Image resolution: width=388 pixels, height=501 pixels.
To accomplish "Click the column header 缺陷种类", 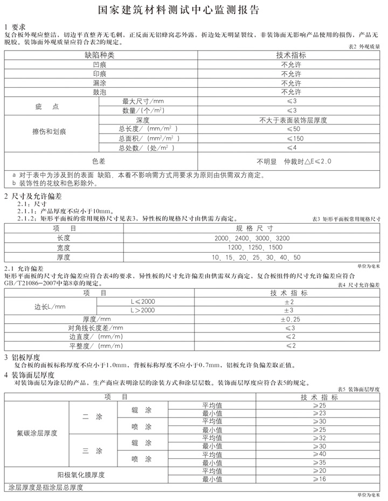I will [100, 55].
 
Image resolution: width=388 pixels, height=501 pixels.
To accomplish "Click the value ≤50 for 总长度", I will [294, 129].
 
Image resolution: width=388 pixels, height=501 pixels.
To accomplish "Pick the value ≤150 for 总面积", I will [293, 138].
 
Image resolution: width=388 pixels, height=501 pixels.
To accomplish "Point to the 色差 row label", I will [100, 161].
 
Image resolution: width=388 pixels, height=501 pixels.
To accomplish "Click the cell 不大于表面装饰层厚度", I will [293, 120].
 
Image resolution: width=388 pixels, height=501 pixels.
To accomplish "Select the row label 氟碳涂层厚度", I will [38, 433].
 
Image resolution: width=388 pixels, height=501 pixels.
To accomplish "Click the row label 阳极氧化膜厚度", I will [81, 475].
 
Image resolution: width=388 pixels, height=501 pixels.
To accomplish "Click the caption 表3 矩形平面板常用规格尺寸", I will [347, 219].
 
